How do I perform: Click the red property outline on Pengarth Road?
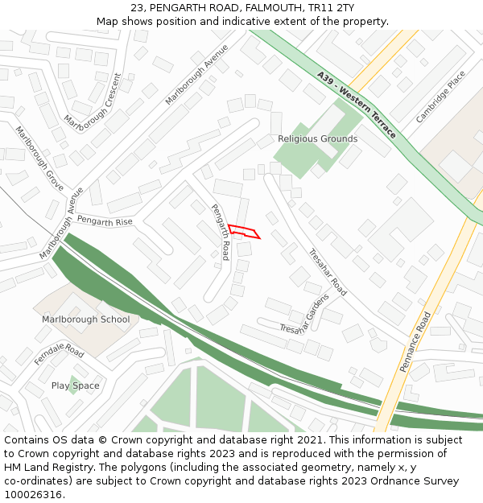point(244,232)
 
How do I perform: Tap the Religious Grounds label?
point(317,138)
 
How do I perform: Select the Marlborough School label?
point(85,320)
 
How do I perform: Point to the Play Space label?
point(76,385)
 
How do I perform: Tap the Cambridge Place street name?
point(440,97)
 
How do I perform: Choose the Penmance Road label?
point(415,341)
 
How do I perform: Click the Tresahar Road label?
point(328,272)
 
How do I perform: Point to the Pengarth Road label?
point(220,232)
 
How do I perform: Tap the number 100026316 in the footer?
point(33,494)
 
